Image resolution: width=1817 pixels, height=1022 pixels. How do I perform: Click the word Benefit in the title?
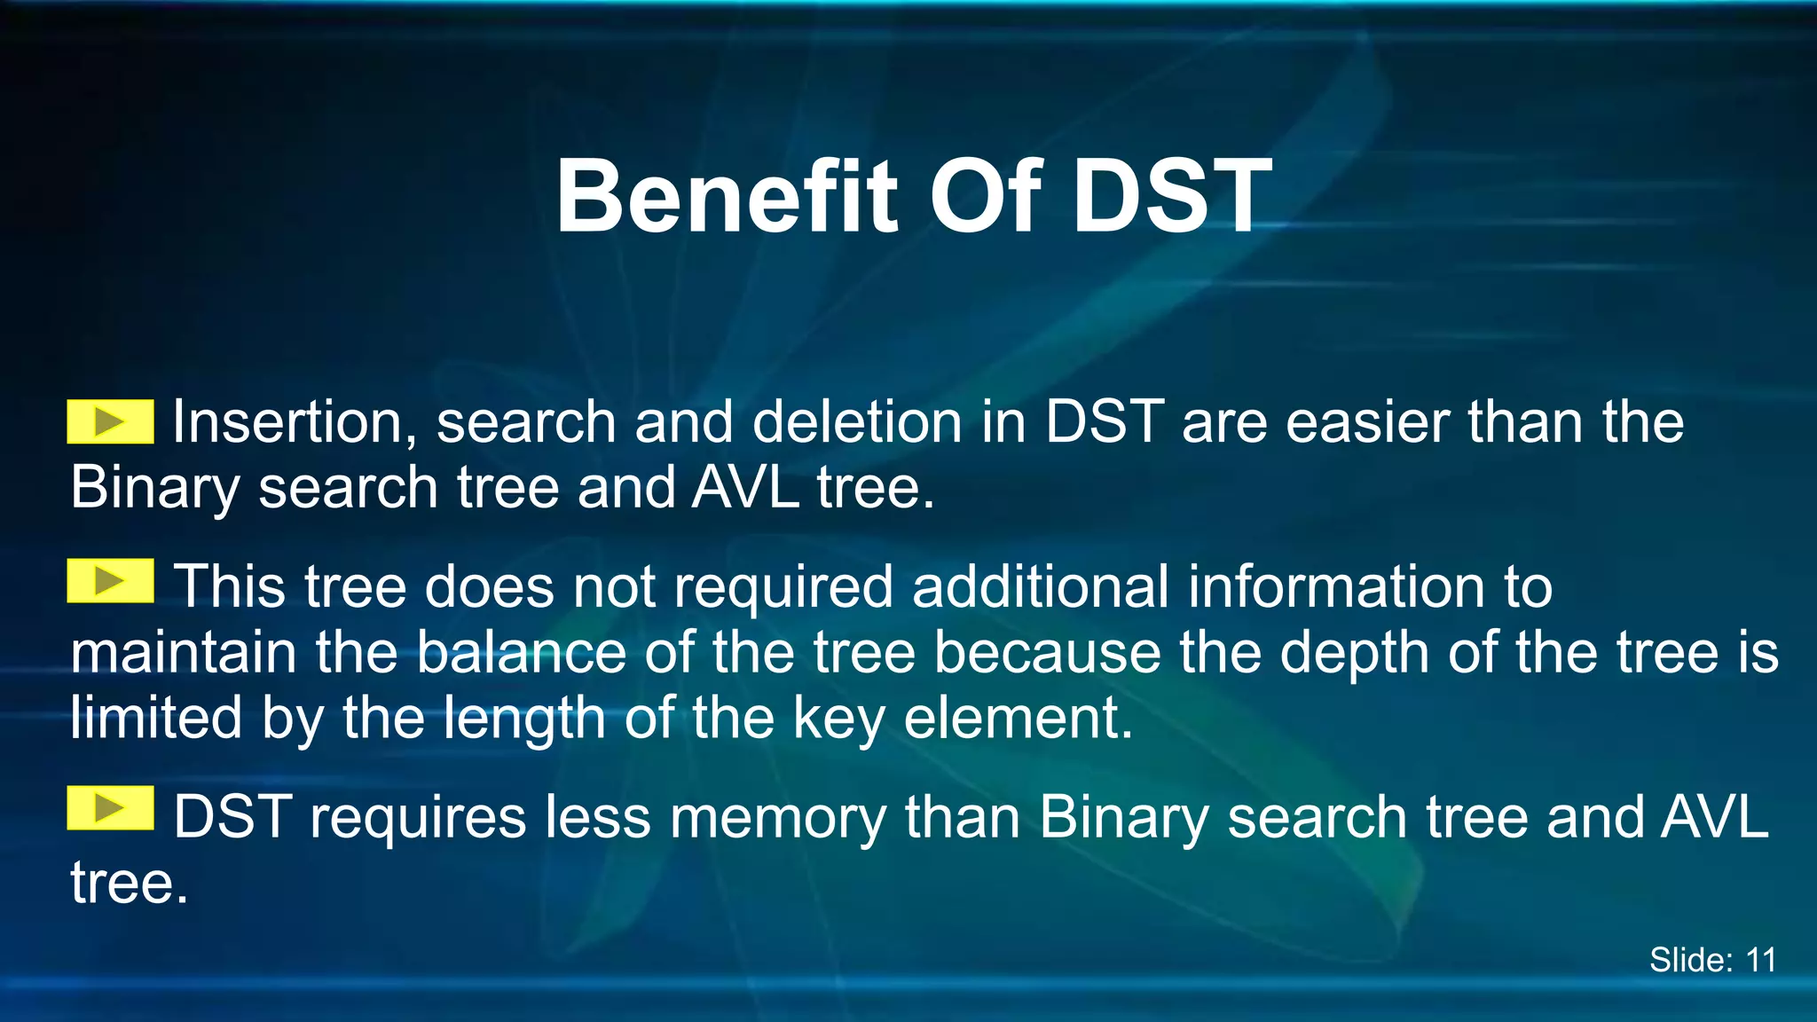(726, 197)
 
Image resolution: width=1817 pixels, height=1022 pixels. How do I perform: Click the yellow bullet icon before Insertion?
(110, 421)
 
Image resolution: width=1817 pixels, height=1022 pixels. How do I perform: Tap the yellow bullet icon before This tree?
(110, 581)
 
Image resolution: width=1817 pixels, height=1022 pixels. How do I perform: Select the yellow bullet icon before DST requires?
(110, 807)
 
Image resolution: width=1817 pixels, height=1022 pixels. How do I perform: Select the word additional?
(1040, 587)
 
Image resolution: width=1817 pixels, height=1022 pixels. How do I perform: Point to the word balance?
(521, 653)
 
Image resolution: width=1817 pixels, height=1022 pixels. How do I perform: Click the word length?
(523, 719)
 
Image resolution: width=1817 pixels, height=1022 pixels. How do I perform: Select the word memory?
(777, 818)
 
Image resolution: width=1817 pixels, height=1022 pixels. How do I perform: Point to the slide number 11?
(1760, 960)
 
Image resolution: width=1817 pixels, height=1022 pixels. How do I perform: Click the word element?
(1017, 719)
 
